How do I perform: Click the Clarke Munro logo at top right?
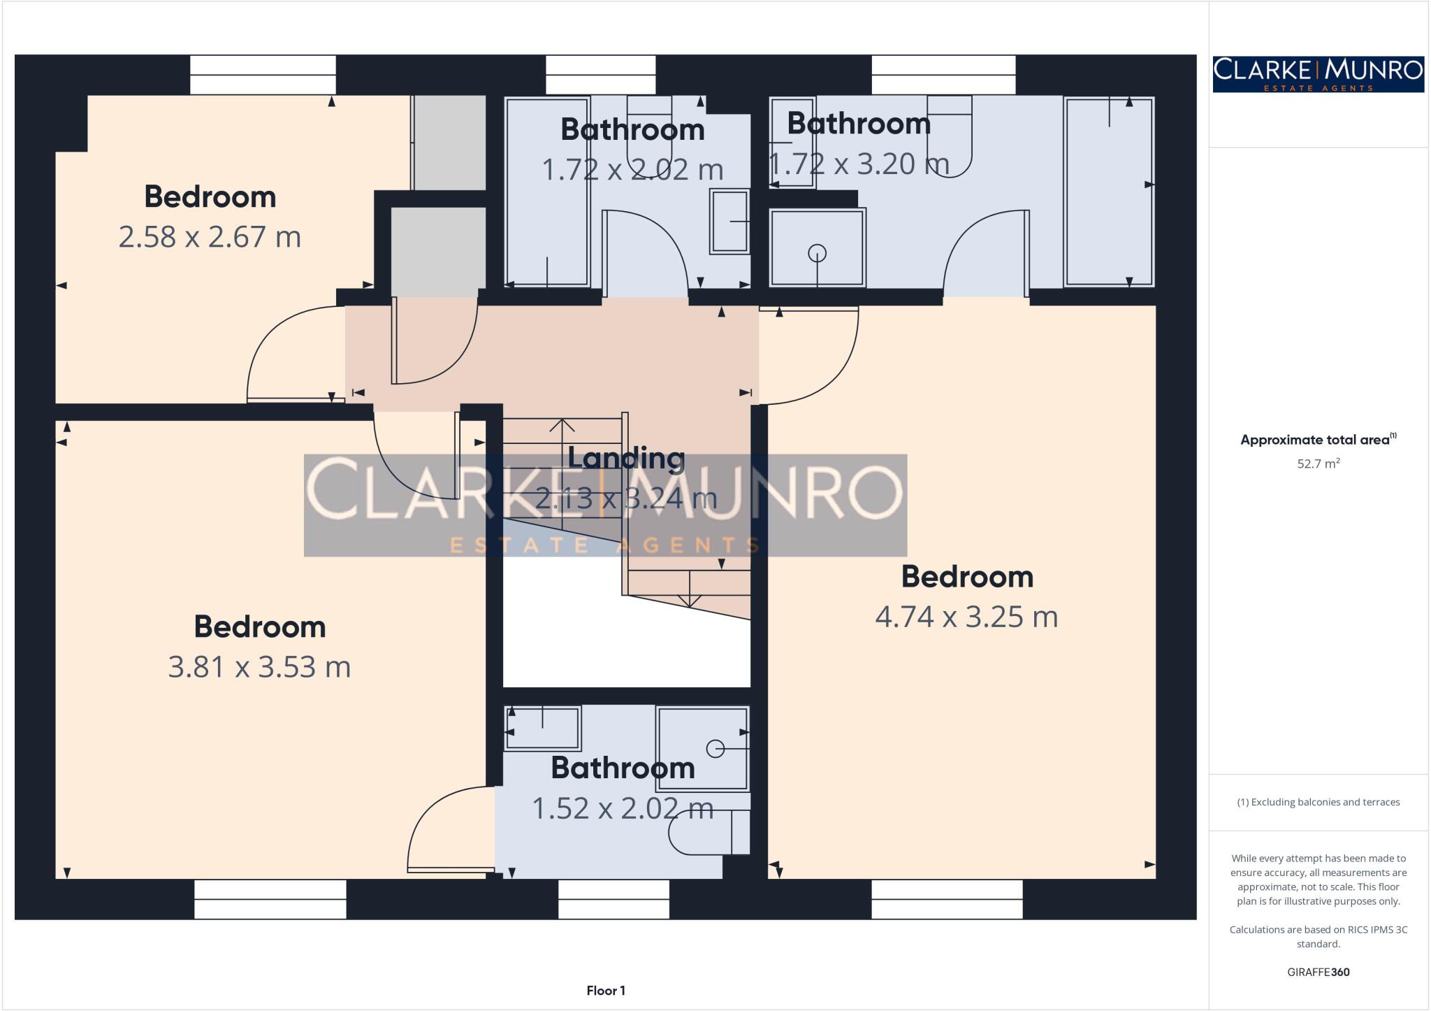tap(1318, 74)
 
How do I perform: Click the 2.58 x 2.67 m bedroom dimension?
tap(210, 237)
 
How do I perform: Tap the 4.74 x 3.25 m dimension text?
tap(966, 617)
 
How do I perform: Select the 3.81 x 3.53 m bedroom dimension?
tap(259, 667)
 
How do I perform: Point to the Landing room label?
tap(625, 458)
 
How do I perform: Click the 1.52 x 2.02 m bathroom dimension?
tap(623, 809)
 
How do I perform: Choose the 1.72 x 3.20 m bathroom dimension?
tap(859, 164)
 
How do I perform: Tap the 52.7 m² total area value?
tap(1318, 464)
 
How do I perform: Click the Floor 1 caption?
tap(606, 990)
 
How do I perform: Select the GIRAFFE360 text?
tap(1318, 972)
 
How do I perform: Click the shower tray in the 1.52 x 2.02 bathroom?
tap(702, 748)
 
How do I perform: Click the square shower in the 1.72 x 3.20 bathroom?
tap(817, 248)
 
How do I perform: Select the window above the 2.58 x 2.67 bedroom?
tap(263, 75)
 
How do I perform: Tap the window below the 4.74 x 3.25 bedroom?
tap(947, 898)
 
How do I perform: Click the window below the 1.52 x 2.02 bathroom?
tap(613, 898)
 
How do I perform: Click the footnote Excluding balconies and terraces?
tap(1318, 802)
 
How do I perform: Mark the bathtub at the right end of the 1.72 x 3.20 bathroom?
tap(1109, 192)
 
